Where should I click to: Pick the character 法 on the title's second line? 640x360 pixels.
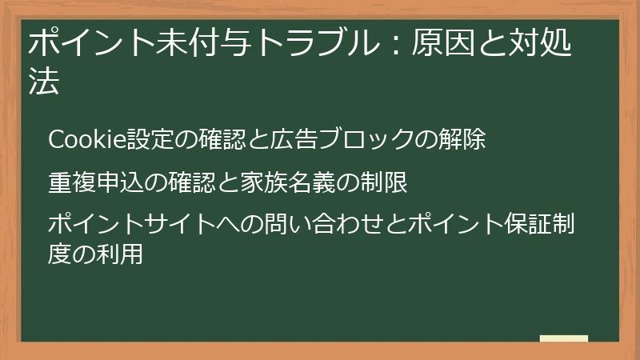(x=43, y=82)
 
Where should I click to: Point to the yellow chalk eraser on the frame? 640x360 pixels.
(x=564, y=339)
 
